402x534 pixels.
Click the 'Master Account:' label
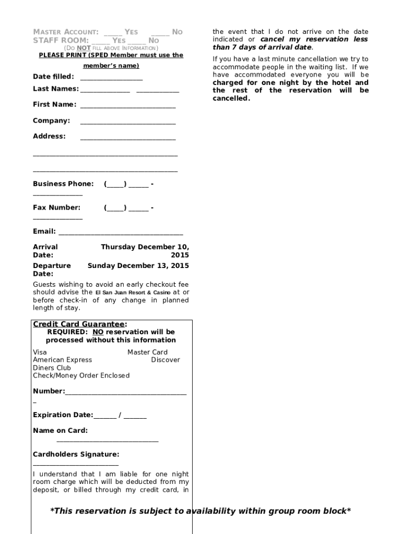point(66,32)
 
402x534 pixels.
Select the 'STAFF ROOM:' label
point(61,40)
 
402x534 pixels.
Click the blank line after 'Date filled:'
point(111,78)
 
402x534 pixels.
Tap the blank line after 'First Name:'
point(128,106)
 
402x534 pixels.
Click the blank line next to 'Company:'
point(128,122)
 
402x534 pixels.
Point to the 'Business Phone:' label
point(63,184)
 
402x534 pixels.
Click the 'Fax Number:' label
point(57,208)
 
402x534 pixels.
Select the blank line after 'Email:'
point(121,233)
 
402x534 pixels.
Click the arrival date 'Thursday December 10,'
point(145,247)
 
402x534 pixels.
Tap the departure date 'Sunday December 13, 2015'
point(138,265)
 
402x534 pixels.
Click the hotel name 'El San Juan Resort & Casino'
point(133,293)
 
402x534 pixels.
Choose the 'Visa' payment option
point(40,352)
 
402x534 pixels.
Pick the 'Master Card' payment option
point(147,352)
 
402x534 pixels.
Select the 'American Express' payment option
point(62,360)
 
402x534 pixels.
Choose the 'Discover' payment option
point(165,360)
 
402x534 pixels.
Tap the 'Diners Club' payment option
point(52,368)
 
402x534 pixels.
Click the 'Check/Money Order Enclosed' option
point(81,375)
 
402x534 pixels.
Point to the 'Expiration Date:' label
point(63,415)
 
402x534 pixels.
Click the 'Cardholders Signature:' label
point(76,454)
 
